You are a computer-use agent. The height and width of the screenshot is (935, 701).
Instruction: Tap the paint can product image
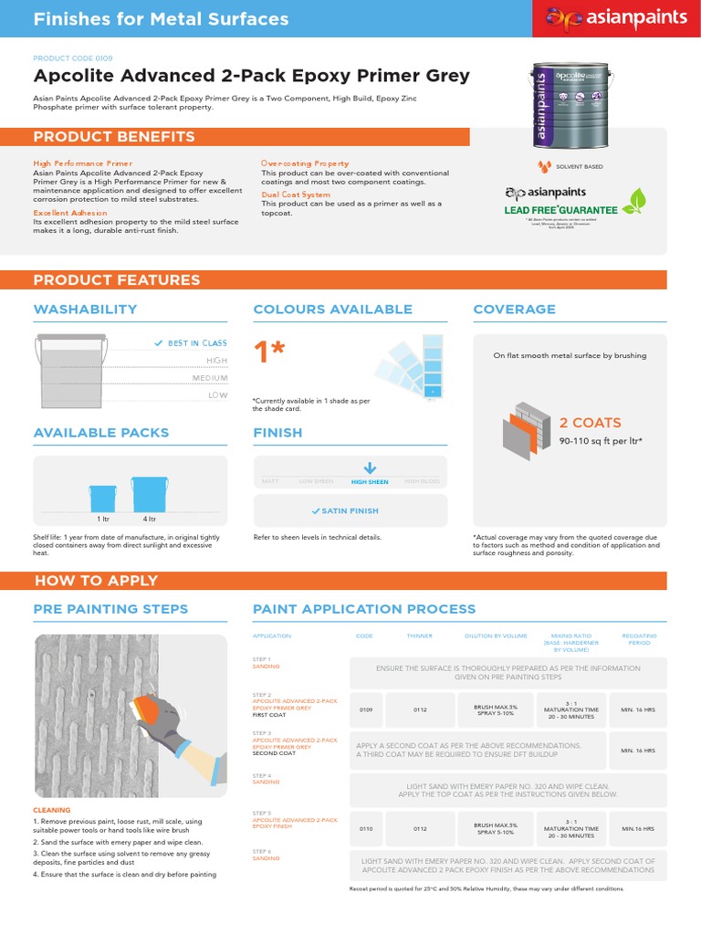tap(571, 105)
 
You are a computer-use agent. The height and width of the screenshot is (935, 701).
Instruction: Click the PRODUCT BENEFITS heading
tap(114, 137)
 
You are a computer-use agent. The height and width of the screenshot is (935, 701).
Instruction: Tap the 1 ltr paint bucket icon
tap(102, 499)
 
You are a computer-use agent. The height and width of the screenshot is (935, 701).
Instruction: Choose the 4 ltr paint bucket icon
tap(150, 493)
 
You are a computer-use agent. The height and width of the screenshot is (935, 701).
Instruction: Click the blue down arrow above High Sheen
tap(369, 467)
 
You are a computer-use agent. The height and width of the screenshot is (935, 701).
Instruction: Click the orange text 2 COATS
tap(590, 423)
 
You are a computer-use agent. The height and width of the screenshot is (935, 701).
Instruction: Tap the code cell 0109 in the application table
tap(365, 709)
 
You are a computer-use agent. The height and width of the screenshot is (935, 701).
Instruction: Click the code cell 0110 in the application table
tap(365, 829)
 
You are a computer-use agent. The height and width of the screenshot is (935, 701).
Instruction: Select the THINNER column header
tap(420, 636)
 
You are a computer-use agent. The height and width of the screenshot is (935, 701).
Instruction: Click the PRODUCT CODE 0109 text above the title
tap(73, 58)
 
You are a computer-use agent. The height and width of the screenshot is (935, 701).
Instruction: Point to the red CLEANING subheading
tap(51, 810)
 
